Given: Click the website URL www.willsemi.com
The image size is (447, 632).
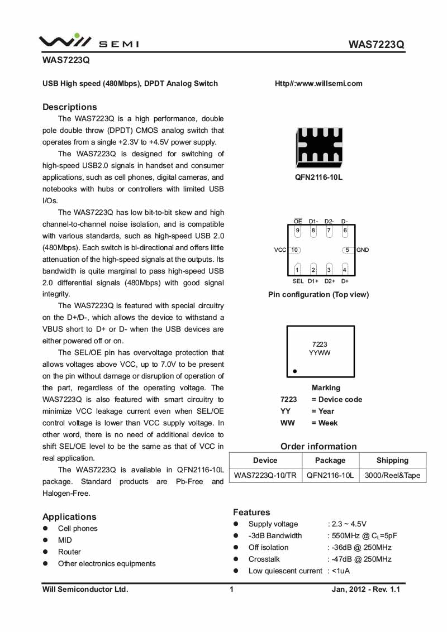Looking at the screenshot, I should (318, 84).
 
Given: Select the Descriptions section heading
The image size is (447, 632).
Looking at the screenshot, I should (70, 107).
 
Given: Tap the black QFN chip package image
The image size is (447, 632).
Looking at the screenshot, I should (319, 148).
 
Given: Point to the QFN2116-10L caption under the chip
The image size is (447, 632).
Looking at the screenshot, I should (318, 177).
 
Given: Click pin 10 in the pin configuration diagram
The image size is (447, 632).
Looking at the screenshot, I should (294, 250).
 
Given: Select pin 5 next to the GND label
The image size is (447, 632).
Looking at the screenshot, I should (347, 250).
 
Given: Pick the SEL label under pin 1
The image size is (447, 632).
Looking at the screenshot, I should (298, 281).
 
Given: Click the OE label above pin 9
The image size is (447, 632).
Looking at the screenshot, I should (298, 222).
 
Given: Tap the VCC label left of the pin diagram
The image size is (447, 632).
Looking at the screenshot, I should (280, 250).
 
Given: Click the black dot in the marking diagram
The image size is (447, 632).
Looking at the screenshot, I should (294, 371).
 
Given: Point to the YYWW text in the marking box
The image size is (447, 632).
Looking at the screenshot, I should (320, 353).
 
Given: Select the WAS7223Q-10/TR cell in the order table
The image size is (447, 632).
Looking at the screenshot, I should (265, 476).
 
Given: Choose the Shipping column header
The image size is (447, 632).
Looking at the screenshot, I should (392, 461).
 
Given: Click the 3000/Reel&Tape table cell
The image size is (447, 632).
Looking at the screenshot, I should (392, 476).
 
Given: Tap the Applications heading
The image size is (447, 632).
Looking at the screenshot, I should (69, 516).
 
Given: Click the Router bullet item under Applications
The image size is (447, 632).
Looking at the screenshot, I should (69, 552).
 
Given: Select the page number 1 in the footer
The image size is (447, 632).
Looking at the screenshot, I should (231, 590).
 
